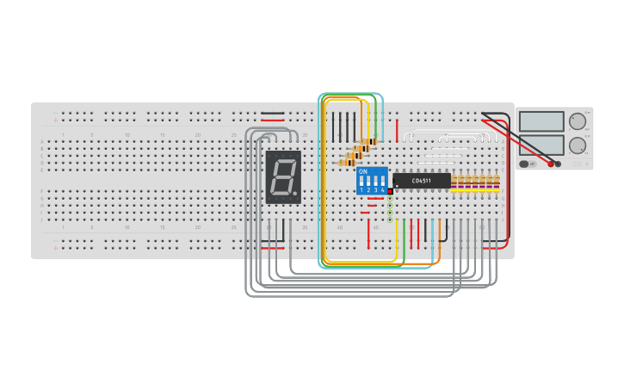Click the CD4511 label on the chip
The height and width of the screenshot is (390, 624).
pyautogui.click(x=422, y=181)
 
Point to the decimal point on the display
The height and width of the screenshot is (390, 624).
pyautogui.click(x=295, y=195)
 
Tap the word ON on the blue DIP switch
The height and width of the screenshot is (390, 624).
pyautogui.click(x=362, y=171)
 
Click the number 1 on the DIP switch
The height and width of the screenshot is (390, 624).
pyautogui.click(x=361, y=189)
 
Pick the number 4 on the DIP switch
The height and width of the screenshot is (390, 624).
pyautogui.click(x=382, y=189)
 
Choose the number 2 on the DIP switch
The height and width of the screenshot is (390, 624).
pyautogui.click(x=368, y=189)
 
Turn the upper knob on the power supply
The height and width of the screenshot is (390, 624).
pyautogui.click(x=577, y=121)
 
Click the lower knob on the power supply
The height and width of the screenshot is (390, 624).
pyautogui.click(x=577, y=145)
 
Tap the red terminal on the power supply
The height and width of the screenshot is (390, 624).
pyautogui.click(x=551, y=164)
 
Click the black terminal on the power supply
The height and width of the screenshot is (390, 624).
pyautogui.click(x=559, y=164)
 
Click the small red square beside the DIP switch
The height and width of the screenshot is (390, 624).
pyautogui.click(x=390, y=191)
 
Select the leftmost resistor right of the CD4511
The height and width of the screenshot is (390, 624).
pyautogui.click(x=455, y=182)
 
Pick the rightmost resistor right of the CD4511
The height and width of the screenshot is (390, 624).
pyautogui.click(x=497, y=182)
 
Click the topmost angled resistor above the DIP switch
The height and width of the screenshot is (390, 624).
pyautogui.click(x=368, y=142)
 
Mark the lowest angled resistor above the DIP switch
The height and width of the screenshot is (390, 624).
pyautogui.click(x=348, y=161)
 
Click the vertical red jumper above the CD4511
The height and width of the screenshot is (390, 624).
pyautogui.click(x=398, y=131)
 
